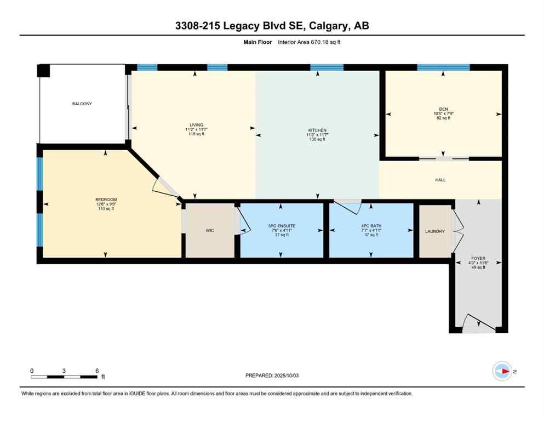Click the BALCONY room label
coord(82,104)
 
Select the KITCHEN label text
coord(317,130)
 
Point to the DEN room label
coord(443,109)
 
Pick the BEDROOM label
coord(106,200)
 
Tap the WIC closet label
coord(210,231)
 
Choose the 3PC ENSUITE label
coord(281,226)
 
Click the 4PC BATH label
coord(370,226)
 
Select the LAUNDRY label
coord(435,231)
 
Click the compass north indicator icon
coord(502,371)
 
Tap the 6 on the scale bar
coord(97,371)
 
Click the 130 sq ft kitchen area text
coord(317,140)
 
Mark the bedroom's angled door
coord(164,187)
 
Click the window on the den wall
coord(443,67)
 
